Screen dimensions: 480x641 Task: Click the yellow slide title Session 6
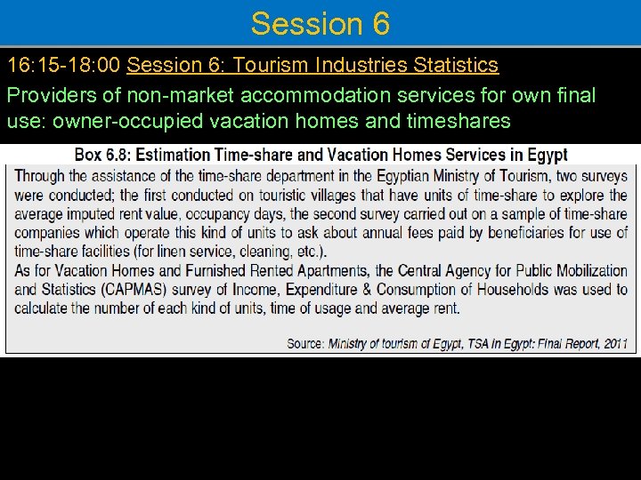click(x=320, y=23)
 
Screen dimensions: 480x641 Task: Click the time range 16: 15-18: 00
click(x=64, y=65)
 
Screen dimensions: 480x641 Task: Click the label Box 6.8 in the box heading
click(x=101, y=155)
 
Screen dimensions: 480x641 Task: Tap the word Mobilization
click(x=582, y=271)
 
